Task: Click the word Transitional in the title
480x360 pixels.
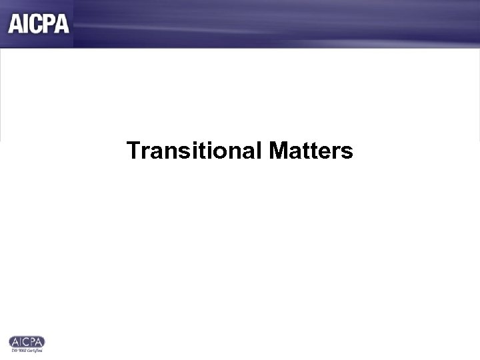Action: tap(195, 151)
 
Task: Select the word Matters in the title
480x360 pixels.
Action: tap(311, 151)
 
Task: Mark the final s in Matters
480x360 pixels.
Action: tap(347, 153)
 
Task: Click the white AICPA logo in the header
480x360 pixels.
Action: tap(39, 23)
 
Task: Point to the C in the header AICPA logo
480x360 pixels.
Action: tap(36, 23)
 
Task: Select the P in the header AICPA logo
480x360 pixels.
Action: tap(49, 23)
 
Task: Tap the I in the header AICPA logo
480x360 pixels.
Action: tap(25, 23)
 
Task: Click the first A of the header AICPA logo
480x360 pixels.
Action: tap(15, 23)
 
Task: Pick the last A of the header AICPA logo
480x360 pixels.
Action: tap(62, 23)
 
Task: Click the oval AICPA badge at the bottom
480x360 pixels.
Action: tap(27, 341)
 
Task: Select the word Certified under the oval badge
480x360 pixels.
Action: tap(35, 350)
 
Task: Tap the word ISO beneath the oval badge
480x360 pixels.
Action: tap(13, 350)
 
